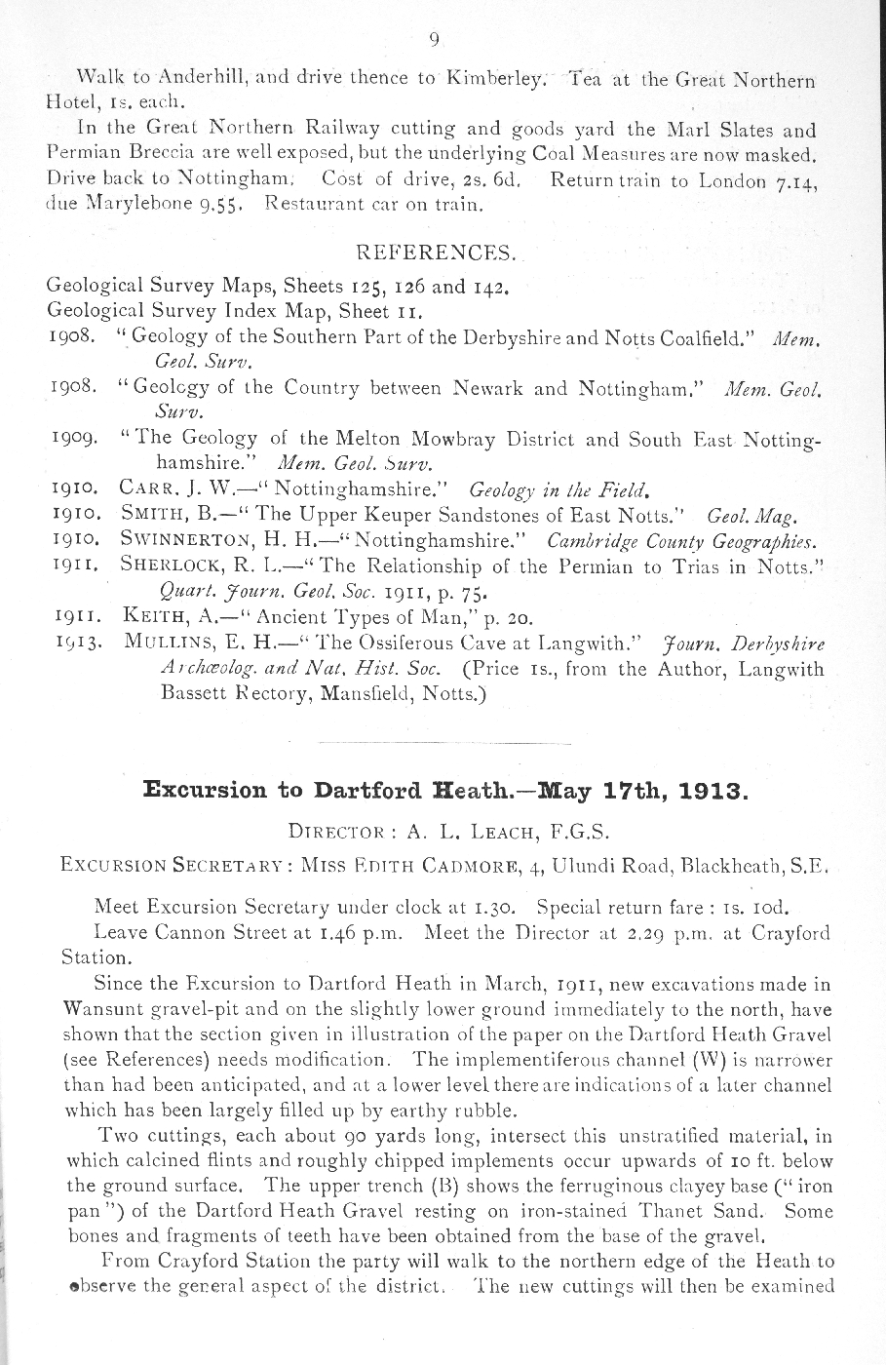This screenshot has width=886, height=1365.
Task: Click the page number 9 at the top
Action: (x=435, y=40)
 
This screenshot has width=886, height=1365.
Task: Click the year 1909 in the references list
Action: (x=71, y=440)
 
